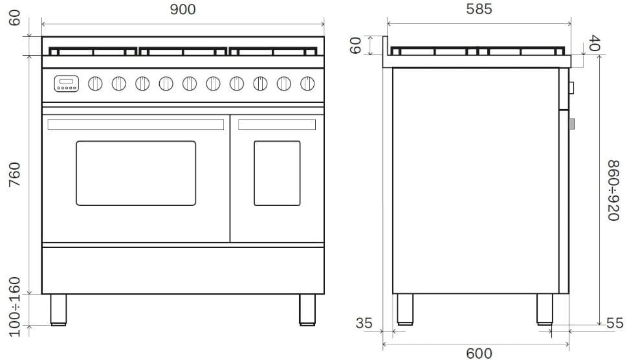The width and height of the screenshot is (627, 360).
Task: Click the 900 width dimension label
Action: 183,9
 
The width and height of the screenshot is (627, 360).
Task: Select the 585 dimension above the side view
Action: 479,9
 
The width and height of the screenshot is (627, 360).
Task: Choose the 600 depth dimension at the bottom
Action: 479,353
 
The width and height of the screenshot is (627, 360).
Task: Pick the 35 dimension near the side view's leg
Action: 364,322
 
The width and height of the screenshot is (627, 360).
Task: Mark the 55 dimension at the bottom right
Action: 615,322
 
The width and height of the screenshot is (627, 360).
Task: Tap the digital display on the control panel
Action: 66,83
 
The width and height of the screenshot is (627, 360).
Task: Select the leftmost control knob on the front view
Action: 95,83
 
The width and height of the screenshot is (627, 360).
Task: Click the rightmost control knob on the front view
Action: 307,83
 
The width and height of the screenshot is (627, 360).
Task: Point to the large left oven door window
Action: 136,173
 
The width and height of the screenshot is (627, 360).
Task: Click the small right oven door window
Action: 277,173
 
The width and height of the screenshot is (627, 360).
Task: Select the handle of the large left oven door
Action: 136,124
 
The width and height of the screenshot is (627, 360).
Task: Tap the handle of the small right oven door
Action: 277,124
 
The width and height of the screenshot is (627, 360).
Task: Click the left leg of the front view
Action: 59,309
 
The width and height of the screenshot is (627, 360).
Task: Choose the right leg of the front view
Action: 307,309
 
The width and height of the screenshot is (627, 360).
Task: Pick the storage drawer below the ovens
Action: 183,269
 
